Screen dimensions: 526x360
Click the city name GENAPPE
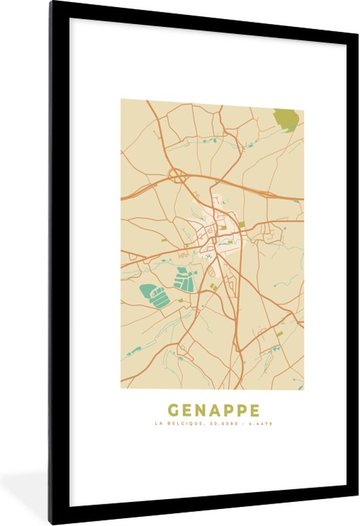click(213, 411)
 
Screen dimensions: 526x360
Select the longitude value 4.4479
click(261, 424)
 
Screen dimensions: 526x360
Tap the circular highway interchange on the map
click(176, 175)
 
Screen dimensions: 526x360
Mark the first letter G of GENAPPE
click(173, 411)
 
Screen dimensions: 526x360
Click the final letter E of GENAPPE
click(254, 411)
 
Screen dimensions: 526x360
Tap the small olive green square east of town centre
click(242, 224)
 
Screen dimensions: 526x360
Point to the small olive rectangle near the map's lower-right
click(279, 333)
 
